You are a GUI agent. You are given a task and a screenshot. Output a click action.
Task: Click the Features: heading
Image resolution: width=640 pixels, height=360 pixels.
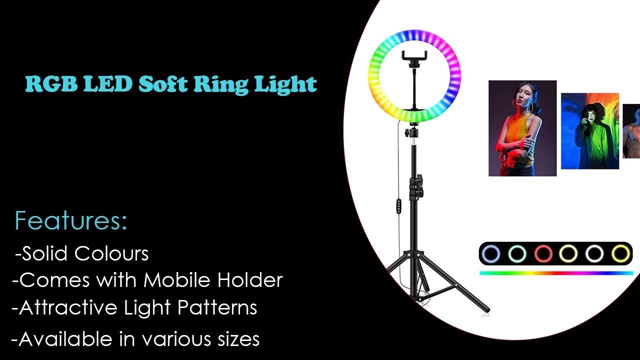pos(71,221)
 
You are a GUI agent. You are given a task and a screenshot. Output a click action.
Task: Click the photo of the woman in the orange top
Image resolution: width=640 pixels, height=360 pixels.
pos(522,128)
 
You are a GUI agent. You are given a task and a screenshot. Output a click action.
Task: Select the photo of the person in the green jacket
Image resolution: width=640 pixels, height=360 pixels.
pos(589,131)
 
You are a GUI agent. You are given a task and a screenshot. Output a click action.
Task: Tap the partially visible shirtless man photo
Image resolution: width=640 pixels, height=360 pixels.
pos(631,131)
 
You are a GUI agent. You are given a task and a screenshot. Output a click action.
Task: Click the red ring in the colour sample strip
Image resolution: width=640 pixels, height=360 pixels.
pos(543,254)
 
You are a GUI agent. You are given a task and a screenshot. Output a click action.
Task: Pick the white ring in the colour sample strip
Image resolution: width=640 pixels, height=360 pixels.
pos(595,254)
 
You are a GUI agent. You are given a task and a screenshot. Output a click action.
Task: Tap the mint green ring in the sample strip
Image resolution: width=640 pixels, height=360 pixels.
pos(517,254)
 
